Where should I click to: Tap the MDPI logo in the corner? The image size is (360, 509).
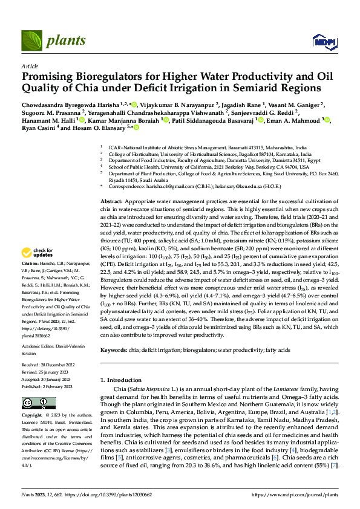(x=321, y=41)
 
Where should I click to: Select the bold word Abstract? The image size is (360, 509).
(x=112, y=200)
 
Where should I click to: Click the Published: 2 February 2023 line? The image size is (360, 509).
(x=47, y=385)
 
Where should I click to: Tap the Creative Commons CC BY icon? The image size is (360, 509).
(x=38, y=403)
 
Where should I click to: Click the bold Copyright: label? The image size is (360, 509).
(x=31, y=417)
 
